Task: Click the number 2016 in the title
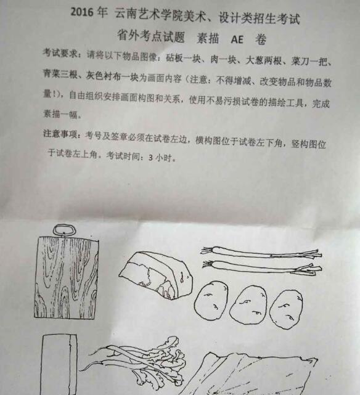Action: (82, 12)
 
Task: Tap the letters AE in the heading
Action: (237, 39)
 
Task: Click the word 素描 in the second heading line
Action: (208, 39)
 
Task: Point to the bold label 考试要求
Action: (60, 53)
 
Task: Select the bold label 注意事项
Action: (60, 134)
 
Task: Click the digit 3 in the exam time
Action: (150, 158)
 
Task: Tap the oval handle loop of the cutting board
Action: (64, 230)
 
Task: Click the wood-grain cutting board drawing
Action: (66, 277)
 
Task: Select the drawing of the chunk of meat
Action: (156, 275)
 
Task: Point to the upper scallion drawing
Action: (261, 253)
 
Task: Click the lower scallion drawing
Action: (262, 267)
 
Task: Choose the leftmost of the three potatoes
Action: (211, 300)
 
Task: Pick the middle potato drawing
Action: (248, 304)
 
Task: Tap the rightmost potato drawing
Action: (286, 309)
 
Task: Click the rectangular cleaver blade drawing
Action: (59, 365)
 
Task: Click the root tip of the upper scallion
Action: (202, 250)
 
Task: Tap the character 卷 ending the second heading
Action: (261, 39)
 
